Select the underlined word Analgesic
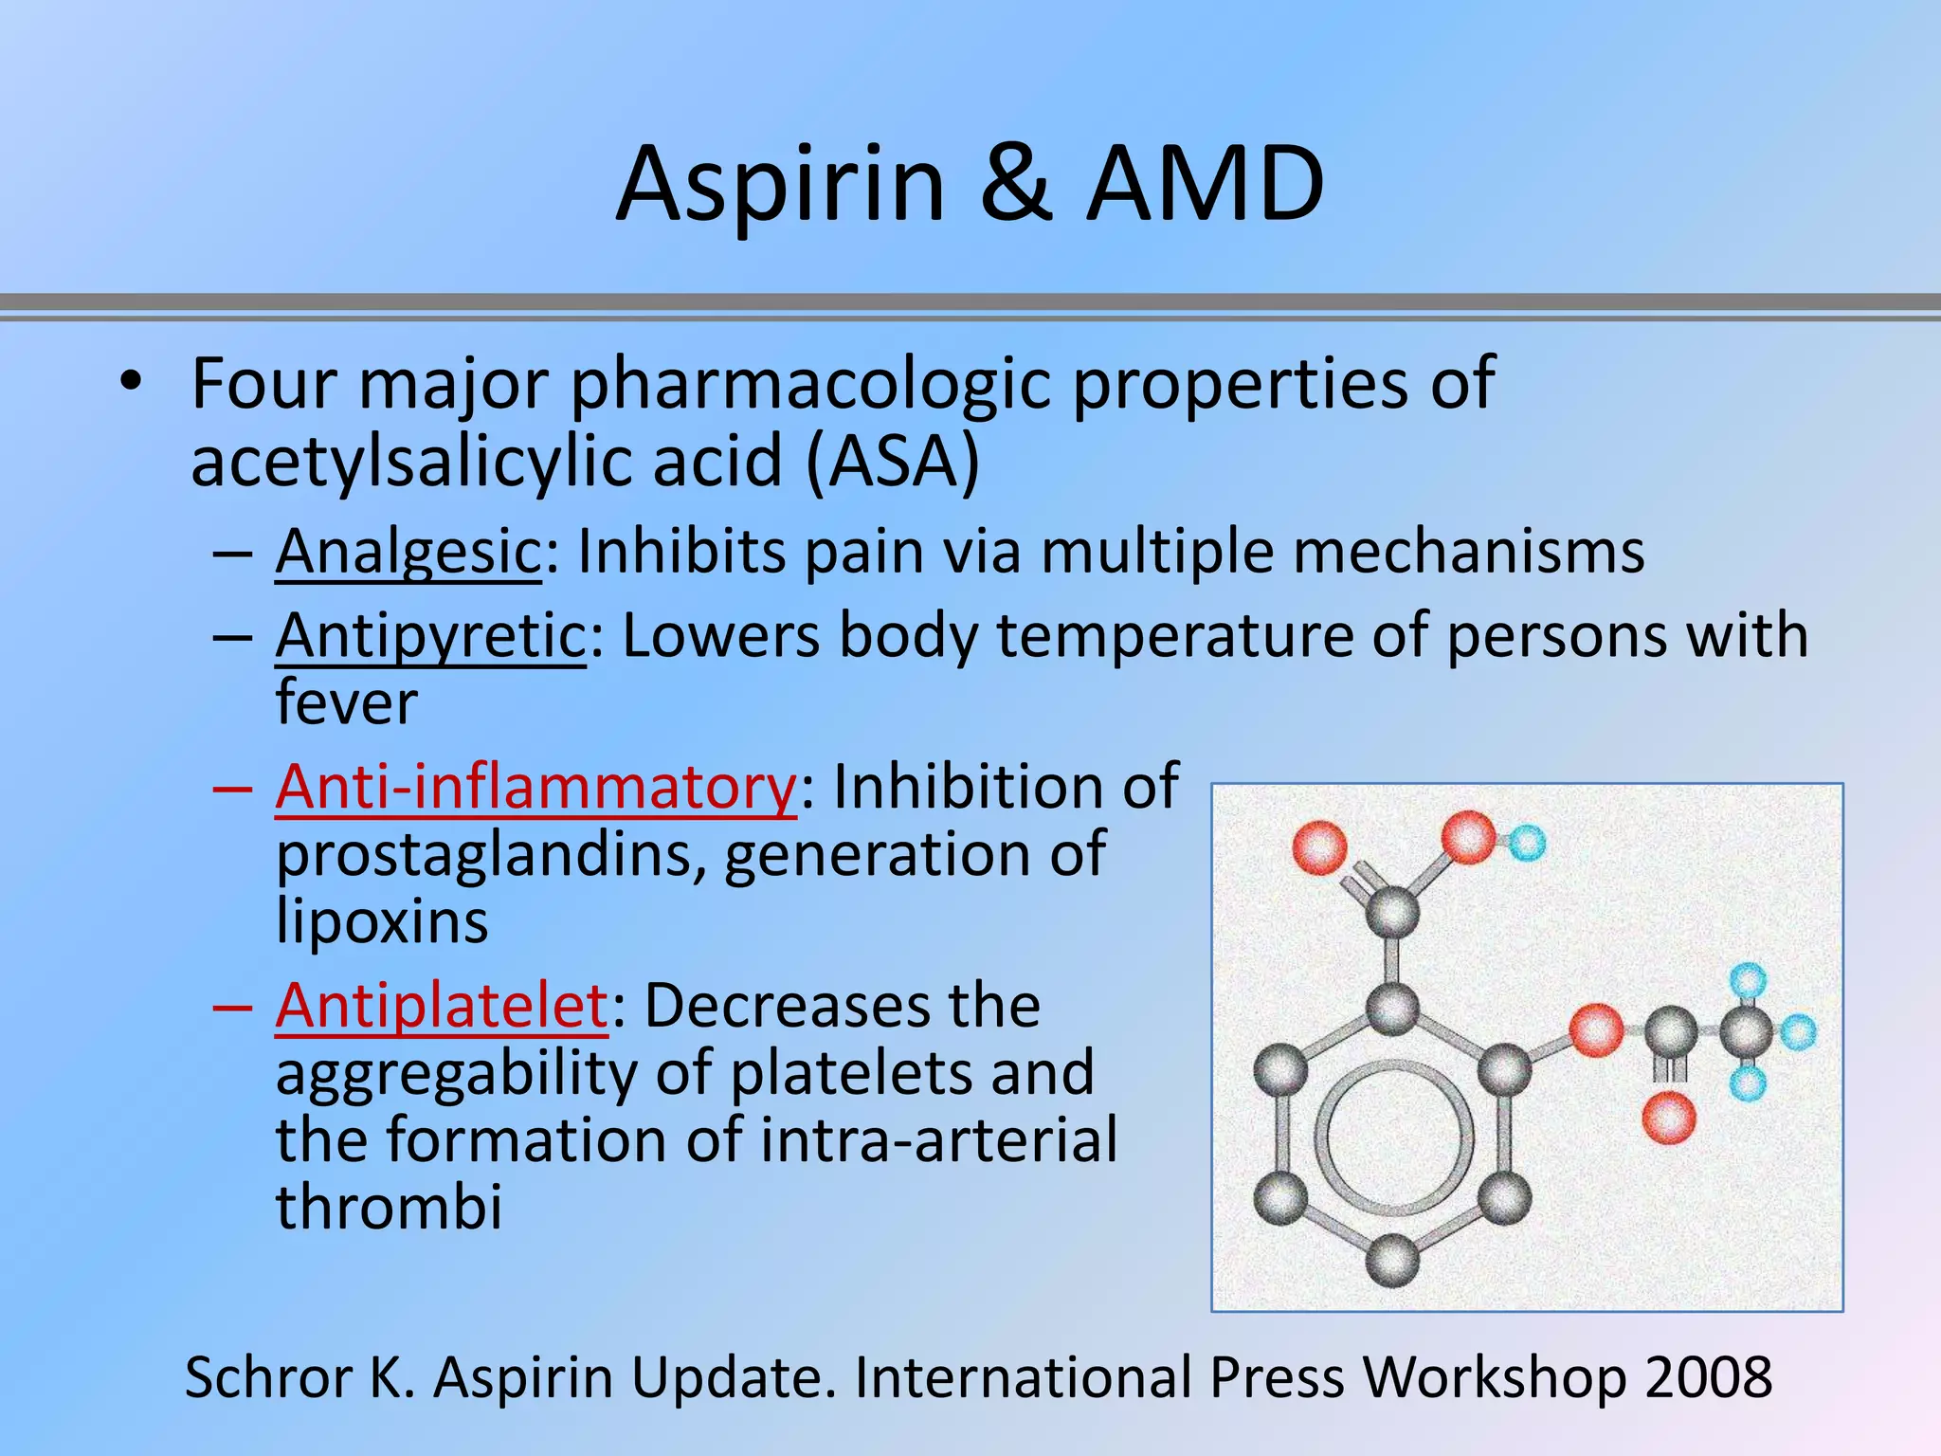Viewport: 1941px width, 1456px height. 408,552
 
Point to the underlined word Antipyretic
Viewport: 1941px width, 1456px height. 430,636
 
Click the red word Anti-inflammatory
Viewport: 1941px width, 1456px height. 536,787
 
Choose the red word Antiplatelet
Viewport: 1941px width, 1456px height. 442,1006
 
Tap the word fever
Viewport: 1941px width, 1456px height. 347,702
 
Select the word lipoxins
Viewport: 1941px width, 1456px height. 382,921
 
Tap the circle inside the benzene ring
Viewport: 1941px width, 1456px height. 1392,1137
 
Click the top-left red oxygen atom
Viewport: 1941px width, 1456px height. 1319,847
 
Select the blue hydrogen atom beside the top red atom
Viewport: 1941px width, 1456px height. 1526,842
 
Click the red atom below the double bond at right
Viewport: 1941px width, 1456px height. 1668,1118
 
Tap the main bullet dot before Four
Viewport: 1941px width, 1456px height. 131,383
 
